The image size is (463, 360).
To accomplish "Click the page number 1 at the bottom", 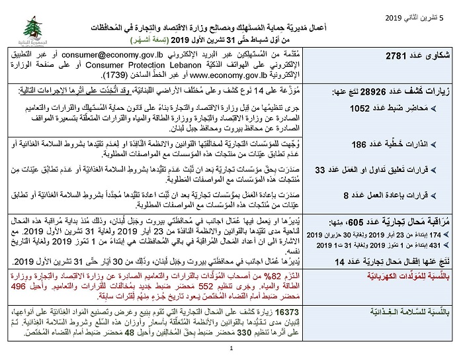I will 232,349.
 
